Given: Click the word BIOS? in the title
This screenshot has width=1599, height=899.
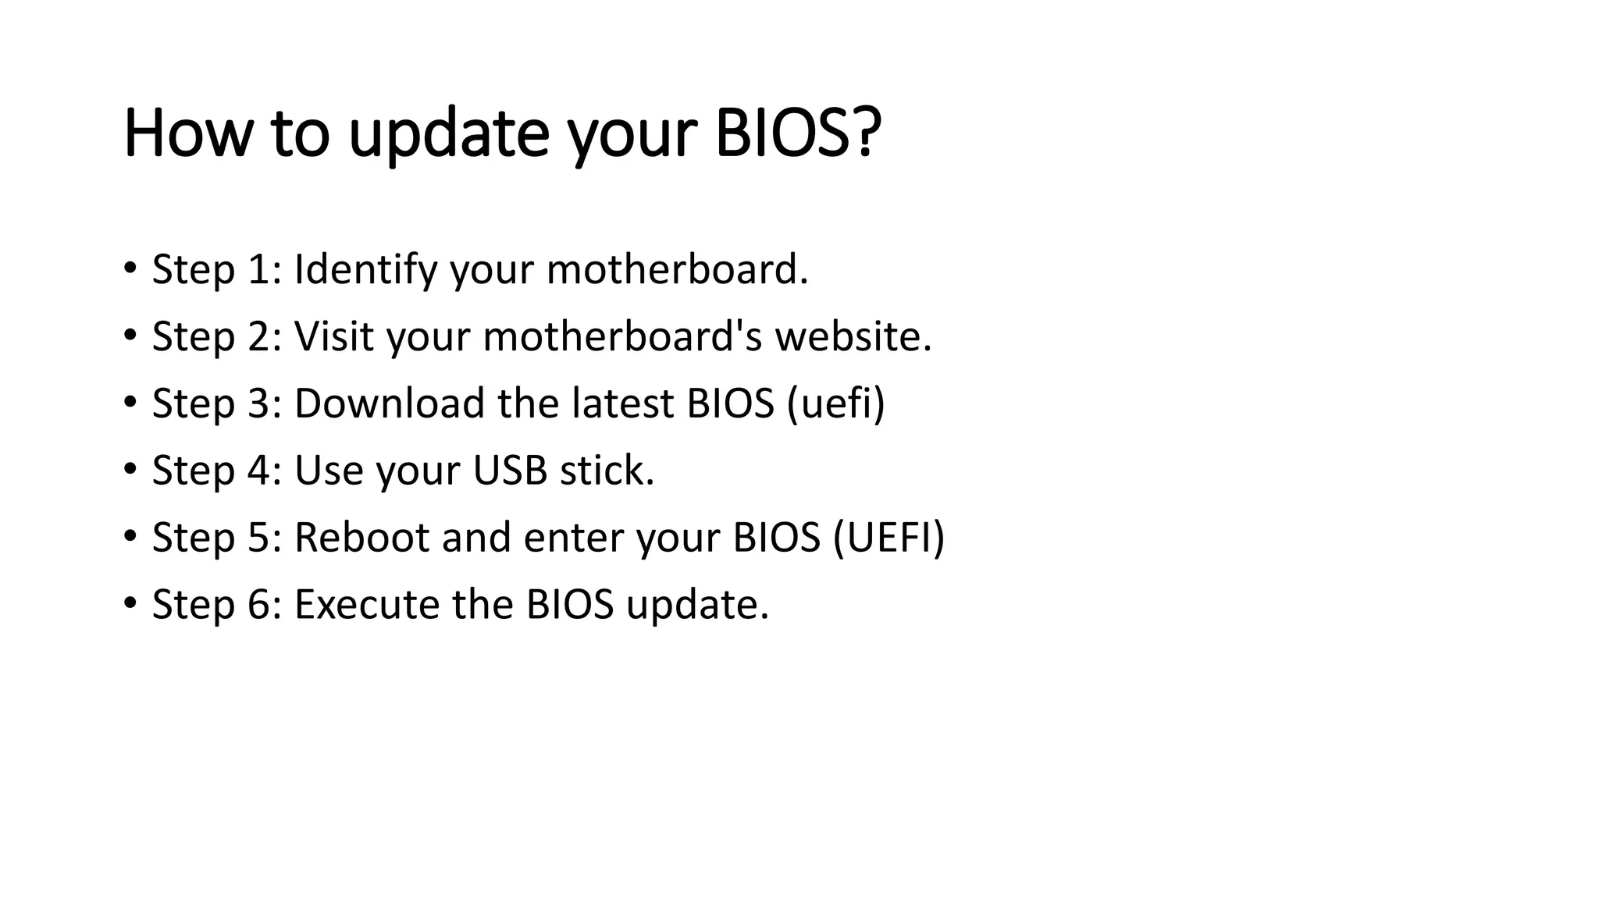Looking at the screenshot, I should [798, 133].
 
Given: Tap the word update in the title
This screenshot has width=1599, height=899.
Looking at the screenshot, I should [448, 134].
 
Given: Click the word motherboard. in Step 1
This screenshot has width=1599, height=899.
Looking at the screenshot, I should [677, 269].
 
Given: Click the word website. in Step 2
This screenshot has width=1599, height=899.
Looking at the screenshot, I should [853, 336].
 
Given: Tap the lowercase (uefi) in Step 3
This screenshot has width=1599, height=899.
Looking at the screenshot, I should [836, 404].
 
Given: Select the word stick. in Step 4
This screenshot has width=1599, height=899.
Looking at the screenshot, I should [607, 471].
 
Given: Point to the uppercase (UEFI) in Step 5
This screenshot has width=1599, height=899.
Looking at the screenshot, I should [889, 538].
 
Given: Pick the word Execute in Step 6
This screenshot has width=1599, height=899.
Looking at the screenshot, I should [366, 605].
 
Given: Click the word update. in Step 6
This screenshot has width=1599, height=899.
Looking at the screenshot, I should [697, 606].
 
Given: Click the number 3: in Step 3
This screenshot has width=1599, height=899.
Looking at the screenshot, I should [264, 403].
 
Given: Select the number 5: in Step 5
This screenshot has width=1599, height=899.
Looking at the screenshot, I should [264, 538].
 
